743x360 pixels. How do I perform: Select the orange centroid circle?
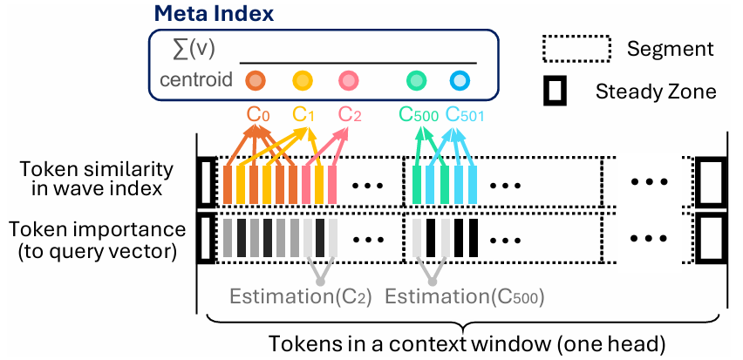point(255,81)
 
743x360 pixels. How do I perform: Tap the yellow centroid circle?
point(303,81)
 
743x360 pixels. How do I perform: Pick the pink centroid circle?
point(349,81)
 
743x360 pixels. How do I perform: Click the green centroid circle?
point(417,81)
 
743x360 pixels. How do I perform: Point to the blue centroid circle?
point(460,81)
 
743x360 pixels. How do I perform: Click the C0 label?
point(258,114)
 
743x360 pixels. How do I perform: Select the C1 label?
point(303,114)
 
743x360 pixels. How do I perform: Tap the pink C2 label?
point(350,114)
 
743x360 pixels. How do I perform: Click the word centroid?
point(196,81)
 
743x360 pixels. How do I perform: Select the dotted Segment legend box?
point(575,49)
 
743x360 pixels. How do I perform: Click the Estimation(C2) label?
point(301,296)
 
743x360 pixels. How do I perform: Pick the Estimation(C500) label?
point(464,296)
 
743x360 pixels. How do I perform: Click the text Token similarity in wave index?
point(93,179)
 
